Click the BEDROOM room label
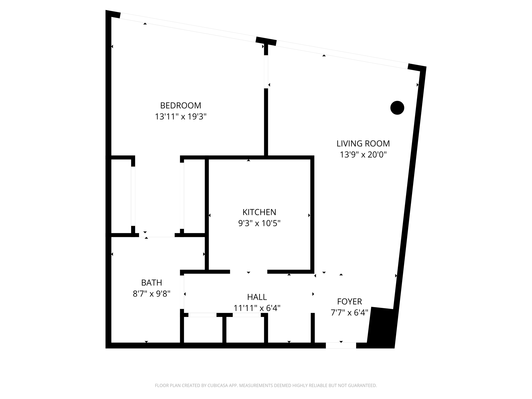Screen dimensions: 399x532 tap(181, 105)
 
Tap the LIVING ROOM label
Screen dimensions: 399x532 tap(363, 143)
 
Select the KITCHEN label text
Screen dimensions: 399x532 tap(259, 212)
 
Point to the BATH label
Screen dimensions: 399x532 tap(151, 282)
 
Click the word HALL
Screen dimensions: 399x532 tap(257, 297)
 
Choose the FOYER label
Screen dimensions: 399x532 tap(349, 301)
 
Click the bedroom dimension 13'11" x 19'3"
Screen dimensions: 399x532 tap(181, 117)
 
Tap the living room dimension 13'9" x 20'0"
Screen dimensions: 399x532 tap(363, 155)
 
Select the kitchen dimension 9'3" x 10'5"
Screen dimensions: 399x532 tap(259, 223)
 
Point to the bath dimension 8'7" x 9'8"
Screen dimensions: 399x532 tap(151, 294)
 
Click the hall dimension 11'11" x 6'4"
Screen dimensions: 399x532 tap(257, 308)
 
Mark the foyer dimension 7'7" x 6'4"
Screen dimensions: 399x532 tap(349, 312)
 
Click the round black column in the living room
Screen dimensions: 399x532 tap(397, 108)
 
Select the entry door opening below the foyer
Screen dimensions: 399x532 tap(341, 345)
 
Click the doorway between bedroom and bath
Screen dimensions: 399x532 tap(157, 235)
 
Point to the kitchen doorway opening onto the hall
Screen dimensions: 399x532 tap(249, 272)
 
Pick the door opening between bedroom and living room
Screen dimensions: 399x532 tap(266, 72)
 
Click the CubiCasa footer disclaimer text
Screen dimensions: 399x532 tap(266, 385)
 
